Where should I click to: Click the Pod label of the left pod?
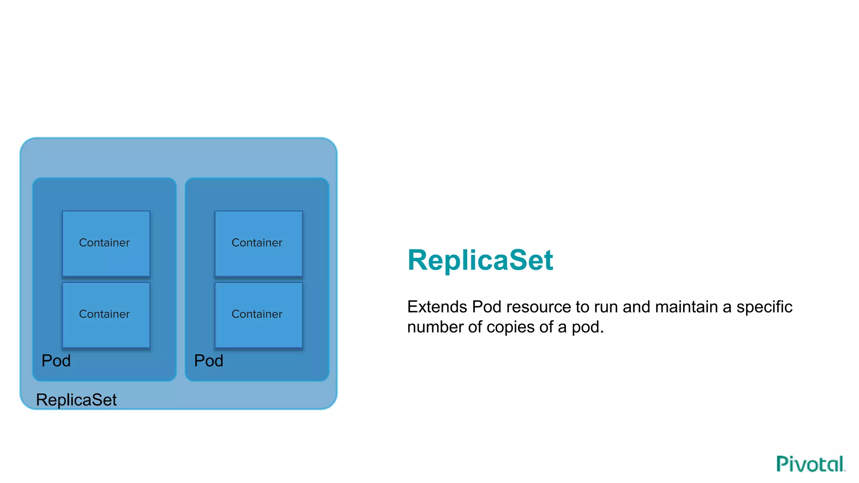[x=56, y=361]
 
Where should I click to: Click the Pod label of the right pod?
[x=208, y=361]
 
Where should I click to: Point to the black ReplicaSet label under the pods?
[x=76, y=400]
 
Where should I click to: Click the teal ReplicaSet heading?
[x=480, y=260]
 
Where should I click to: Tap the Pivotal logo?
[x=810, y=464]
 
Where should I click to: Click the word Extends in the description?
[x=437, y=307]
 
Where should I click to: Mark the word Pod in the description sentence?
[x=487, y=307]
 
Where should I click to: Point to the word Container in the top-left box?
[x=104, y=243]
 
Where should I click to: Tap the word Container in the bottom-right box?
[x=257, y=314]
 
